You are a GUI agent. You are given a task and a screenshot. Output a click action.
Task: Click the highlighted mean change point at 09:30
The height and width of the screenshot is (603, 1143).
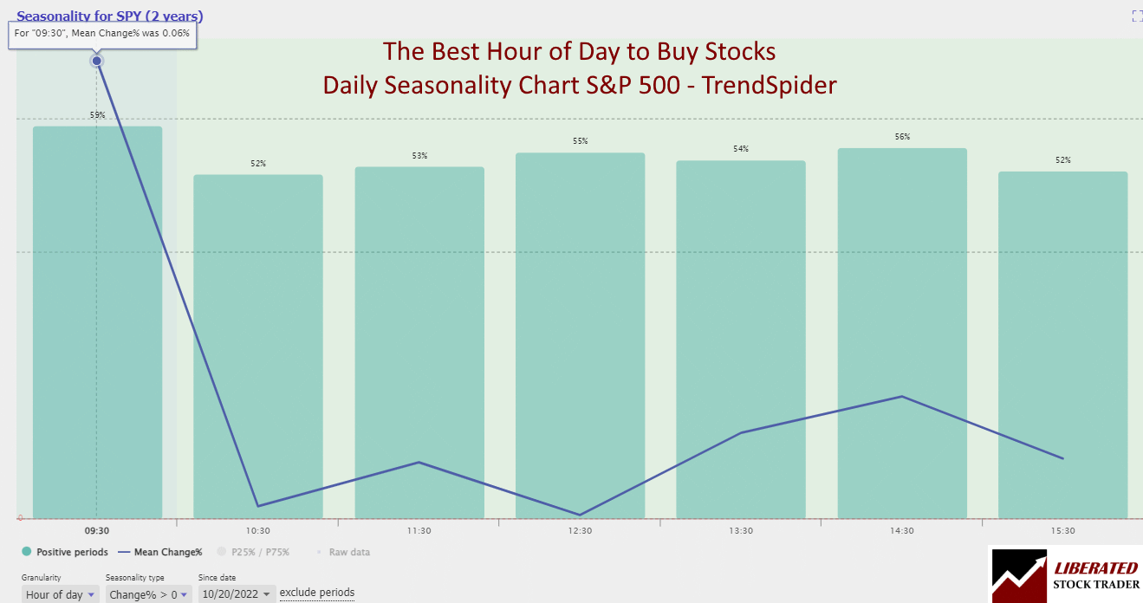pos(97,61)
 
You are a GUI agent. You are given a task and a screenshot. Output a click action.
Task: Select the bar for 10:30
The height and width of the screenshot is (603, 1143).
pos(258,347)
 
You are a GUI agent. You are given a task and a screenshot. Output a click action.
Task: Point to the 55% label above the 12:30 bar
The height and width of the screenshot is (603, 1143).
pos(580,141)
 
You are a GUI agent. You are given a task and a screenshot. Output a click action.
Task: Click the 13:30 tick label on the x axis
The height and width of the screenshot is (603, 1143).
pos(741,531)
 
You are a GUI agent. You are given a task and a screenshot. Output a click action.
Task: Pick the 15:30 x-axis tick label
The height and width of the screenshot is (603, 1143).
pos(1062,531)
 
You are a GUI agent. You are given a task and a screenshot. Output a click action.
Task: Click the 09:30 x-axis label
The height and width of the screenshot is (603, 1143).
pos(97,531)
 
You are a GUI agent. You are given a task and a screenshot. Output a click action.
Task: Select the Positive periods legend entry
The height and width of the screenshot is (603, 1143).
pos(65,552)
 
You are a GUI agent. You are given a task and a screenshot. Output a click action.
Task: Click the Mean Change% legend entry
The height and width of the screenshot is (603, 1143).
pos(161,552)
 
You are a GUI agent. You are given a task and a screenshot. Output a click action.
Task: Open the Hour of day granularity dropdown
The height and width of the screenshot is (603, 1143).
pos(60,594)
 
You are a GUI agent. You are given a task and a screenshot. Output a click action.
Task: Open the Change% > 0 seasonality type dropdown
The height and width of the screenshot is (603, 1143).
pos(146,594)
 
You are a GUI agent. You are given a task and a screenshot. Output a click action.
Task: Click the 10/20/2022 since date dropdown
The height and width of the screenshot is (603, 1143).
pos(237,594)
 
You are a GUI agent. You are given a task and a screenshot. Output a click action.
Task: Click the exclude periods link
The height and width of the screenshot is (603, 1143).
pos(316,593)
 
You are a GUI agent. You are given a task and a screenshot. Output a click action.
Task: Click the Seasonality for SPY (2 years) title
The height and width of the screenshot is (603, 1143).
pos(110,16)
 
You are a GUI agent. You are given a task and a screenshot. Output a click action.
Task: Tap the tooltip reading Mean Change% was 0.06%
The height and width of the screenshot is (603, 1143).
pos(102,36)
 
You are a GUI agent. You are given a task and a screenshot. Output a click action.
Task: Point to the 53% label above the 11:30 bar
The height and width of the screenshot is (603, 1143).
pos(419,156)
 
